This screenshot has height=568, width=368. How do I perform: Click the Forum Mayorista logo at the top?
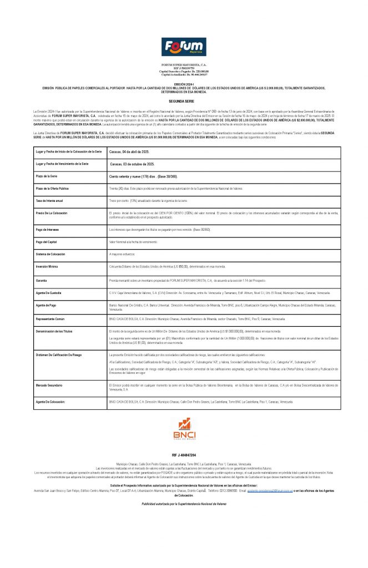(x=183, y=48)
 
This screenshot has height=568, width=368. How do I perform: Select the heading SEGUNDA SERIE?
(x=184, y=102)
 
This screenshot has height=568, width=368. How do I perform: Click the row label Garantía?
(x=42, y=281)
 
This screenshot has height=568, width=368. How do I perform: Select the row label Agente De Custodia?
(x=49, y=292)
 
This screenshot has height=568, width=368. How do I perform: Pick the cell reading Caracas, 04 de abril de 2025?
(x=131, y=151)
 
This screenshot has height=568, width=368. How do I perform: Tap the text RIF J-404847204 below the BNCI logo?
(x=183, y=454)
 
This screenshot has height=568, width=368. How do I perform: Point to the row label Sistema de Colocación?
(x=51, y=254)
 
